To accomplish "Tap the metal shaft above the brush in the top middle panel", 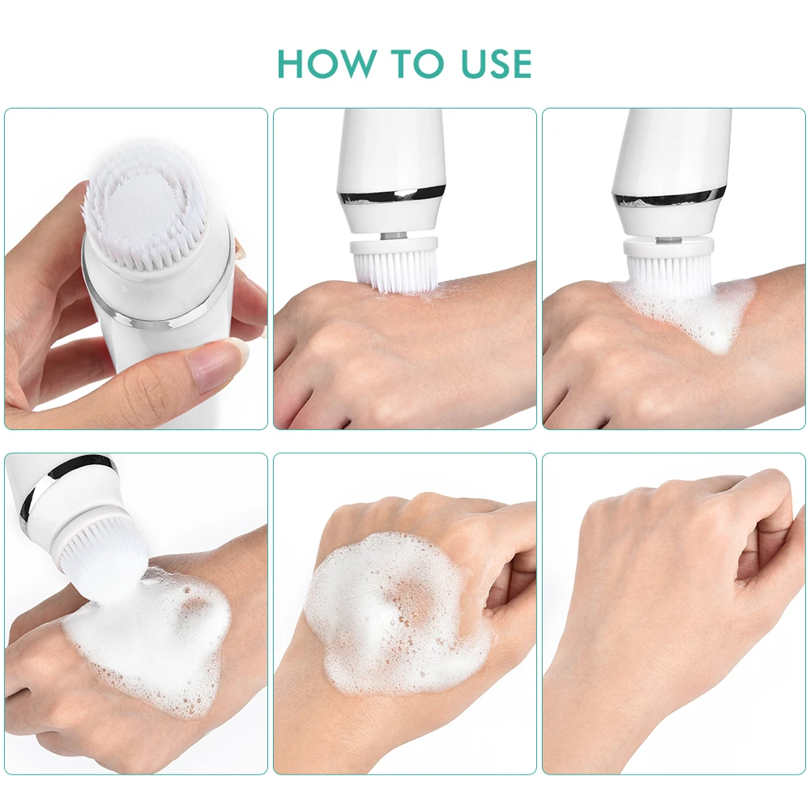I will pyautogui.click(x=393, y=234).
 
